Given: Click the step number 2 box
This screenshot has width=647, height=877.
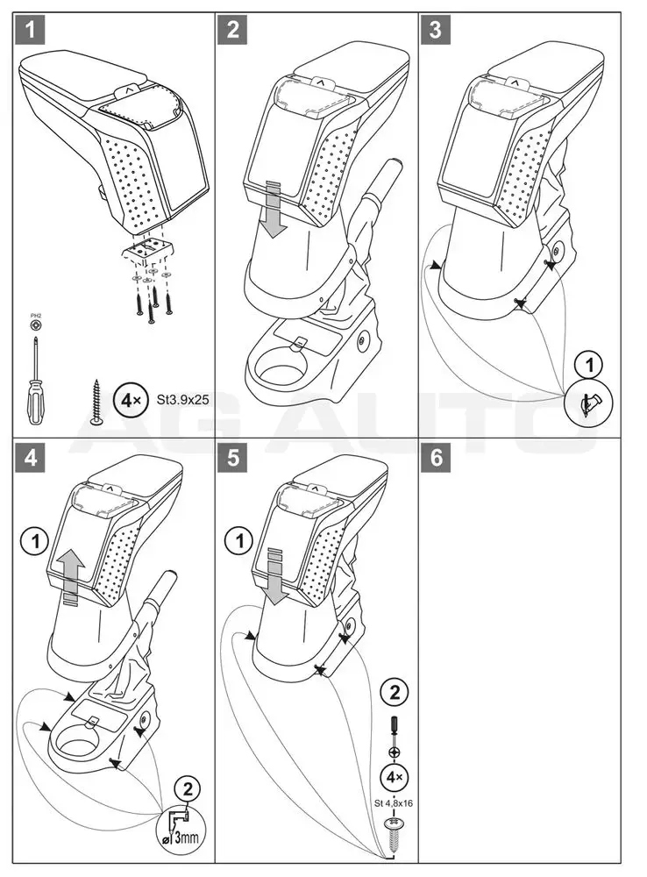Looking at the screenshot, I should coord(232,31).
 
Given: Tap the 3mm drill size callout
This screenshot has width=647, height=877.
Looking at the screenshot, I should coord(185,824).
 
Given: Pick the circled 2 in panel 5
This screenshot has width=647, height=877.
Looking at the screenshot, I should coord(395,693).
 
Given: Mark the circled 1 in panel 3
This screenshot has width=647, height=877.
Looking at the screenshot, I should coord(589,364).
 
